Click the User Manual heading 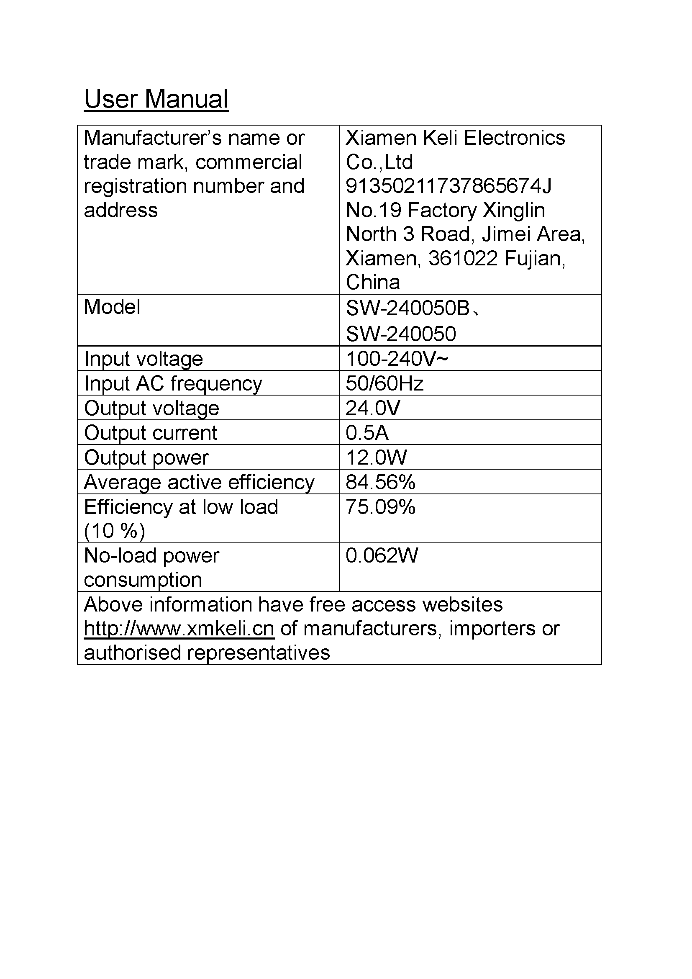(x=156, y=99)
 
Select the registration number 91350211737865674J (x=448, y=186)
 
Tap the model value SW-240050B (x=408, y=308)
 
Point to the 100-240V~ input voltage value (x=396, y=359)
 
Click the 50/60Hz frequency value (x=384, y=383)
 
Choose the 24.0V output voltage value (x=373, y=408)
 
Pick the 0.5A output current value (x=367, y=433)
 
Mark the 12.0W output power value (x=376, y=457)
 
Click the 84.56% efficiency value (x=380, y=482)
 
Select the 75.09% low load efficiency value (x=380, y=507)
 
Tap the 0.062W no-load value (x=382, y=555)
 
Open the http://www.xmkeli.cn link (x=179, y=629)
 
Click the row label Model (x=112, y=307)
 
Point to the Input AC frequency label (x=173, y=383)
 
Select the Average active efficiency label (x=199, y=482)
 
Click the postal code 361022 (x=463, y=258)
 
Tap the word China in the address (x=373, y=282)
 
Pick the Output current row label (x=151, y=433)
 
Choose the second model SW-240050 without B (x=400, y=334)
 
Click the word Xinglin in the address (x=514, y=210)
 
